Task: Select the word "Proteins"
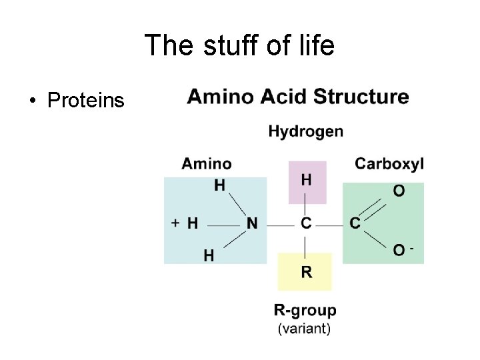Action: (x=85, y=101)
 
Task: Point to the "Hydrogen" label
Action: (x=306, y=131)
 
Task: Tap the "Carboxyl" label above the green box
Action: (x=389, y=163)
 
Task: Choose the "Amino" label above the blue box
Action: (x=207, y=163)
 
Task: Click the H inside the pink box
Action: (x=306, y=180)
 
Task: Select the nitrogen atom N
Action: (x=251, y=224)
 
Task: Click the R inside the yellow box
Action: (x=306, y=271)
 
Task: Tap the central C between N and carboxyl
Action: (x=306, y=224)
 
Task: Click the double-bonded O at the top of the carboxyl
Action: (x=398, y=191)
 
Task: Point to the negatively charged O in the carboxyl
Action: (x=399, y=251)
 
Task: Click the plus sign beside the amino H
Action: (x=175, y=223)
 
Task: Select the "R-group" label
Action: (x=305, y=310)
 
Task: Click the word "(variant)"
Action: (x=303, y=327)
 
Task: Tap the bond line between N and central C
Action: (x=279, y=225)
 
